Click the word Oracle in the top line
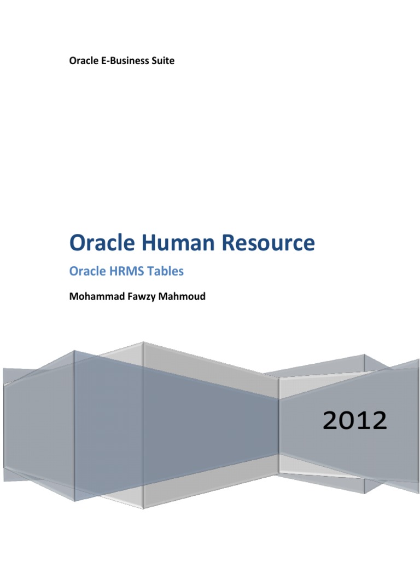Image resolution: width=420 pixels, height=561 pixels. coord(83,61)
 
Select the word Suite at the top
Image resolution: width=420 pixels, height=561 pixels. coord(162,61)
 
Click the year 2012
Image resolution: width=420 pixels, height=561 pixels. coord(354,421)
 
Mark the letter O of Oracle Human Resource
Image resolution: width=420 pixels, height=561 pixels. coord(78,243)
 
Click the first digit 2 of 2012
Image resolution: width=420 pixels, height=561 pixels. coord(330,421)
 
